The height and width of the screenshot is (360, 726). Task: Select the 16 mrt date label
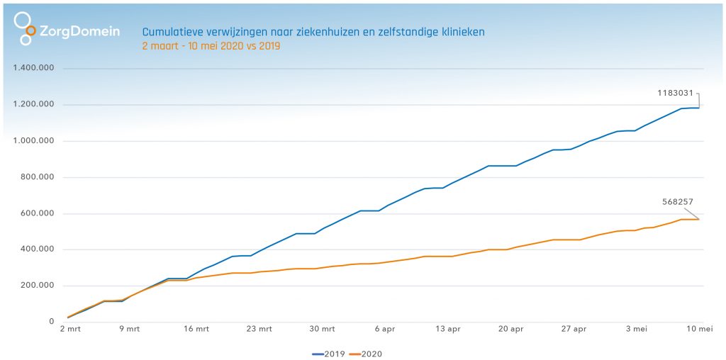196,329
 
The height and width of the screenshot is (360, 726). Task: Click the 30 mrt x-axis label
323,329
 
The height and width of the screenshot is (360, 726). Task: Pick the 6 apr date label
385,329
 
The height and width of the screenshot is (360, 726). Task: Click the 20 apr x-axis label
511,329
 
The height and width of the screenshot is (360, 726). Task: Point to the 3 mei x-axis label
637,329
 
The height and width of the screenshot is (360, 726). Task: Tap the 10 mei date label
700,329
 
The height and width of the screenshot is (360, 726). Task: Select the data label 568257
678,201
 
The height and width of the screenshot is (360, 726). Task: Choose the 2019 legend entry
329,352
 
